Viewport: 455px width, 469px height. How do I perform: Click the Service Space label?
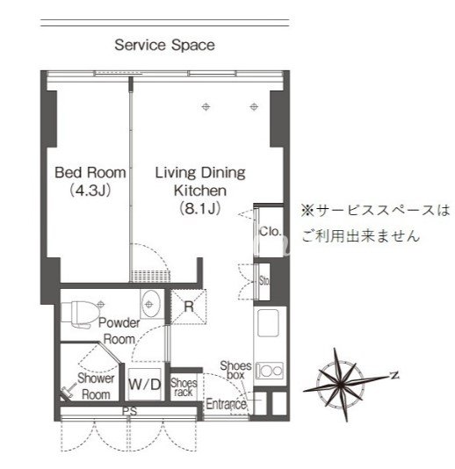pyautogui.click(x=164, y=45)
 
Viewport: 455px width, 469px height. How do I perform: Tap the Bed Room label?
pyautogui.click(x=90, y=172)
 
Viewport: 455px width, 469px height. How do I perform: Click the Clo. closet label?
pyautogui.click(x=268, y=231)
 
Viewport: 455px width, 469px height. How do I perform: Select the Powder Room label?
pyautogui.click(x=119, y=330)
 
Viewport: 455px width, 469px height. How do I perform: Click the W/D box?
pyautogui.click(x=145, y=384)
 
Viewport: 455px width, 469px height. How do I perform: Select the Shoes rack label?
pyautogui.click(x=183, y=387)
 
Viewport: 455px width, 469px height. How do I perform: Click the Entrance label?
pyautogui.click(x=225, y=404)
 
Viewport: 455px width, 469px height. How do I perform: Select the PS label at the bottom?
pyautogui.click(x=129, y=410)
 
